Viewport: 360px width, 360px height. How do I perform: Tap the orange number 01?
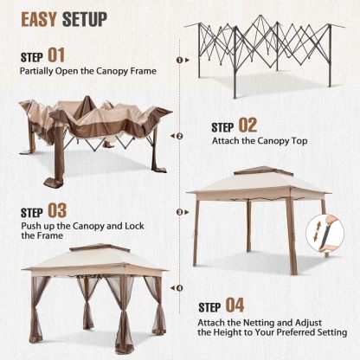pyautogui.click(x=57, y=55)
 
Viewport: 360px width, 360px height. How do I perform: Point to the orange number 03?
pyautogui.click(x=58, y=209)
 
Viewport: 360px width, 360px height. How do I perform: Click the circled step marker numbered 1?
pyautogui.click(x=179, y=61)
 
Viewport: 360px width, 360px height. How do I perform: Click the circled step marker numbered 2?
pyautogui.click(x=179, y=136)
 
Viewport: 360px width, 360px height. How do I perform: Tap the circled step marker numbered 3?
pyautogui.click(x=179, y=211)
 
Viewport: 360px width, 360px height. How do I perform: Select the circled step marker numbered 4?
pyautogui.click(x=179, y=287)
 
